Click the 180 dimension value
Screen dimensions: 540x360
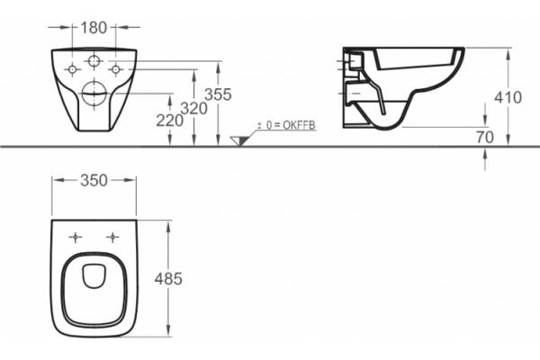[94, 28]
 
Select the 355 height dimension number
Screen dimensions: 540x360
[218, 94]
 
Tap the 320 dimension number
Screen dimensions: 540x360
[193, 109]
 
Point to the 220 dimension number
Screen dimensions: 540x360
[169, 121]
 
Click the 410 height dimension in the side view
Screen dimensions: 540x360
[508, 98]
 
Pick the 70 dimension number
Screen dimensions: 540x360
[485, 138]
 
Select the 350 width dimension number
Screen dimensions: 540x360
[94, 181]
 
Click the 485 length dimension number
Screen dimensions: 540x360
[168, 278]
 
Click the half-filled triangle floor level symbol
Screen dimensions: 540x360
[240, 140]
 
